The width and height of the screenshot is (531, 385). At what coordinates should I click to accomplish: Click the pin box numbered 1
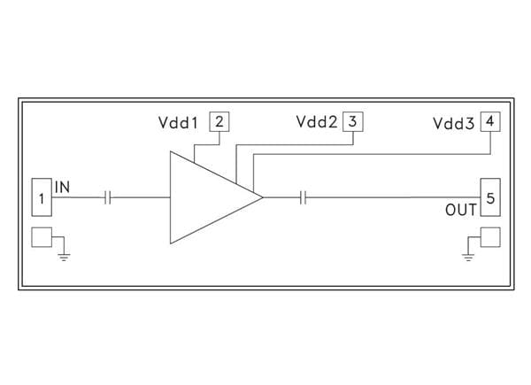(x=42, y=196)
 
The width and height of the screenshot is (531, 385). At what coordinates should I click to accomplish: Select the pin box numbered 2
(x=219, y=121)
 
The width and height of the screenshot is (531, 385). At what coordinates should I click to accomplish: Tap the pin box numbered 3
(x=351, y=121)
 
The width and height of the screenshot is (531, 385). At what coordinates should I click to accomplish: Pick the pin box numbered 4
(x=490, y=121)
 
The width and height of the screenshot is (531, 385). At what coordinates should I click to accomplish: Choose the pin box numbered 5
(x=489, y=196)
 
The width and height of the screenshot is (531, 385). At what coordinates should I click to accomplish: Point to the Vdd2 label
(x=317, y=123)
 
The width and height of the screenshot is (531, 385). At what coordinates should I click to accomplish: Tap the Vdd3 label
(x=455, y=123)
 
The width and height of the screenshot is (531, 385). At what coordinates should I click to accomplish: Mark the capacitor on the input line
(x=108, y=196)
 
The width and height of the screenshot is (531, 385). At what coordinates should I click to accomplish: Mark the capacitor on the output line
(x=303, y=196)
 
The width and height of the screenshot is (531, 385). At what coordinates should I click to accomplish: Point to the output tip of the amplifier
(x=262, y=196)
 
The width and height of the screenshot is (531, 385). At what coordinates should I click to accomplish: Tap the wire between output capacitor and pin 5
(x=389, y=196)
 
